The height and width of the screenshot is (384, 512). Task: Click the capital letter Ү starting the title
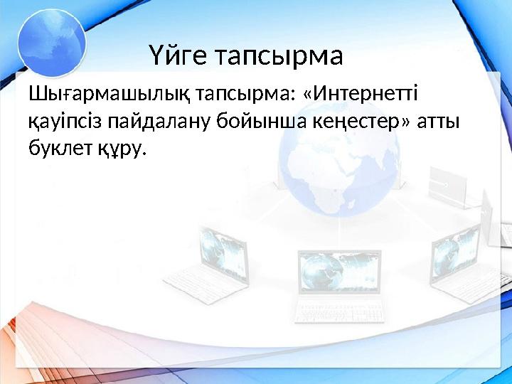click(x=157, y=55)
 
